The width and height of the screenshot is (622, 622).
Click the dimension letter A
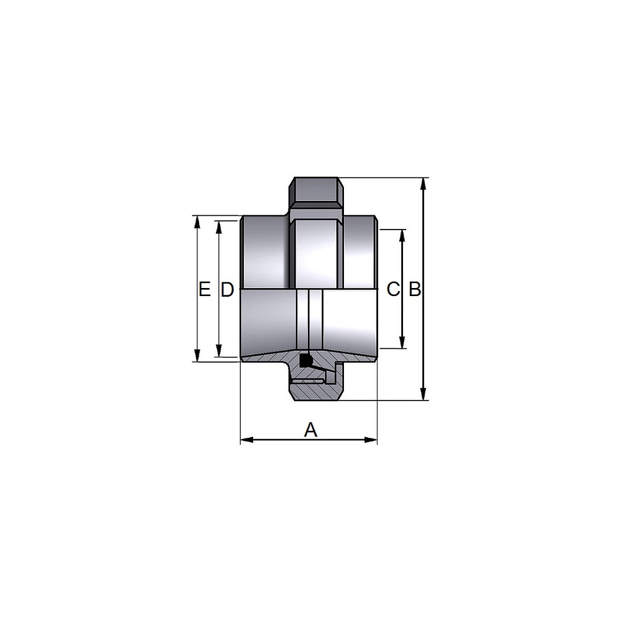310,430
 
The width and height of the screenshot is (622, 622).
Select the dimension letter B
415,289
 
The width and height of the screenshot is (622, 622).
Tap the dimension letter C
392,289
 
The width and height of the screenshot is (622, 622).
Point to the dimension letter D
227,290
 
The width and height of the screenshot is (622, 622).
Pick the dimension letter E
204,289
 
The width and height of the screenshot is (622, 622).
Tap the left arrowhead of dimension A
247,440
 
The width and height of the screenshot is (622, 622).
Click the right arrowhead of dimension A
371,440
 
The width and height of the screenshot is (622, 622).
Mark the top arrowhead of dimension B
424,184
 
